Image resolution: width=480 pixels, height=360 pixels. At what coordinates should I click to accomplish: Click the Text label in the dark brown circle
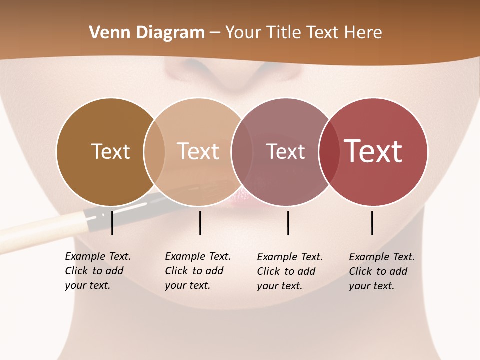[x=110, y=151]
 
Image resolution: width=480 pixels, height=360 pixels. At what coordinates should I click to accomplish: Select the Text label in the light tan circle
[x=198, y=151]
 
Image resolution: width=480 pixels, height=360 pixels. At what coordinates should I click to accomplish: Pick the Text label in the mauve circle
[x=285, y=152]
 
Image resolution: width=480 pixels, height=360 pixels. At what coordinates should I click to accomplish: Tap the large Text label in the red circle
[x=373, y=151]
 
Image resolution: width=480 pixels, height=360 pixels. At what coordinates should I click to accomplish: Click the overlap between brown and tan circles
[x=154, y=152]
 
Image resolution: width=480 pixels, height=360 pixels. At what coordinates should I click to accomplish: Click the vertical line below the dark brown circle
[x=112, y=223]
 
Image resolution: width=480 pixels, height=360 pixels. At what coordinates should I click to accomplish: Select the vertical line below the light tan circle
[x=200, y=223]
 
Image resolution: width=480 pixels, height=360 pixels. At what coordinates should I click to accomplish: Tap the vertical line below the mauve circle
[x=288, y=223]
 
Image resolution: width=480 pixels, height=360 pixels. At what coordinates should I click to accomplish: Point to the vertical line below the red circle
[x=372, y=223]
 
